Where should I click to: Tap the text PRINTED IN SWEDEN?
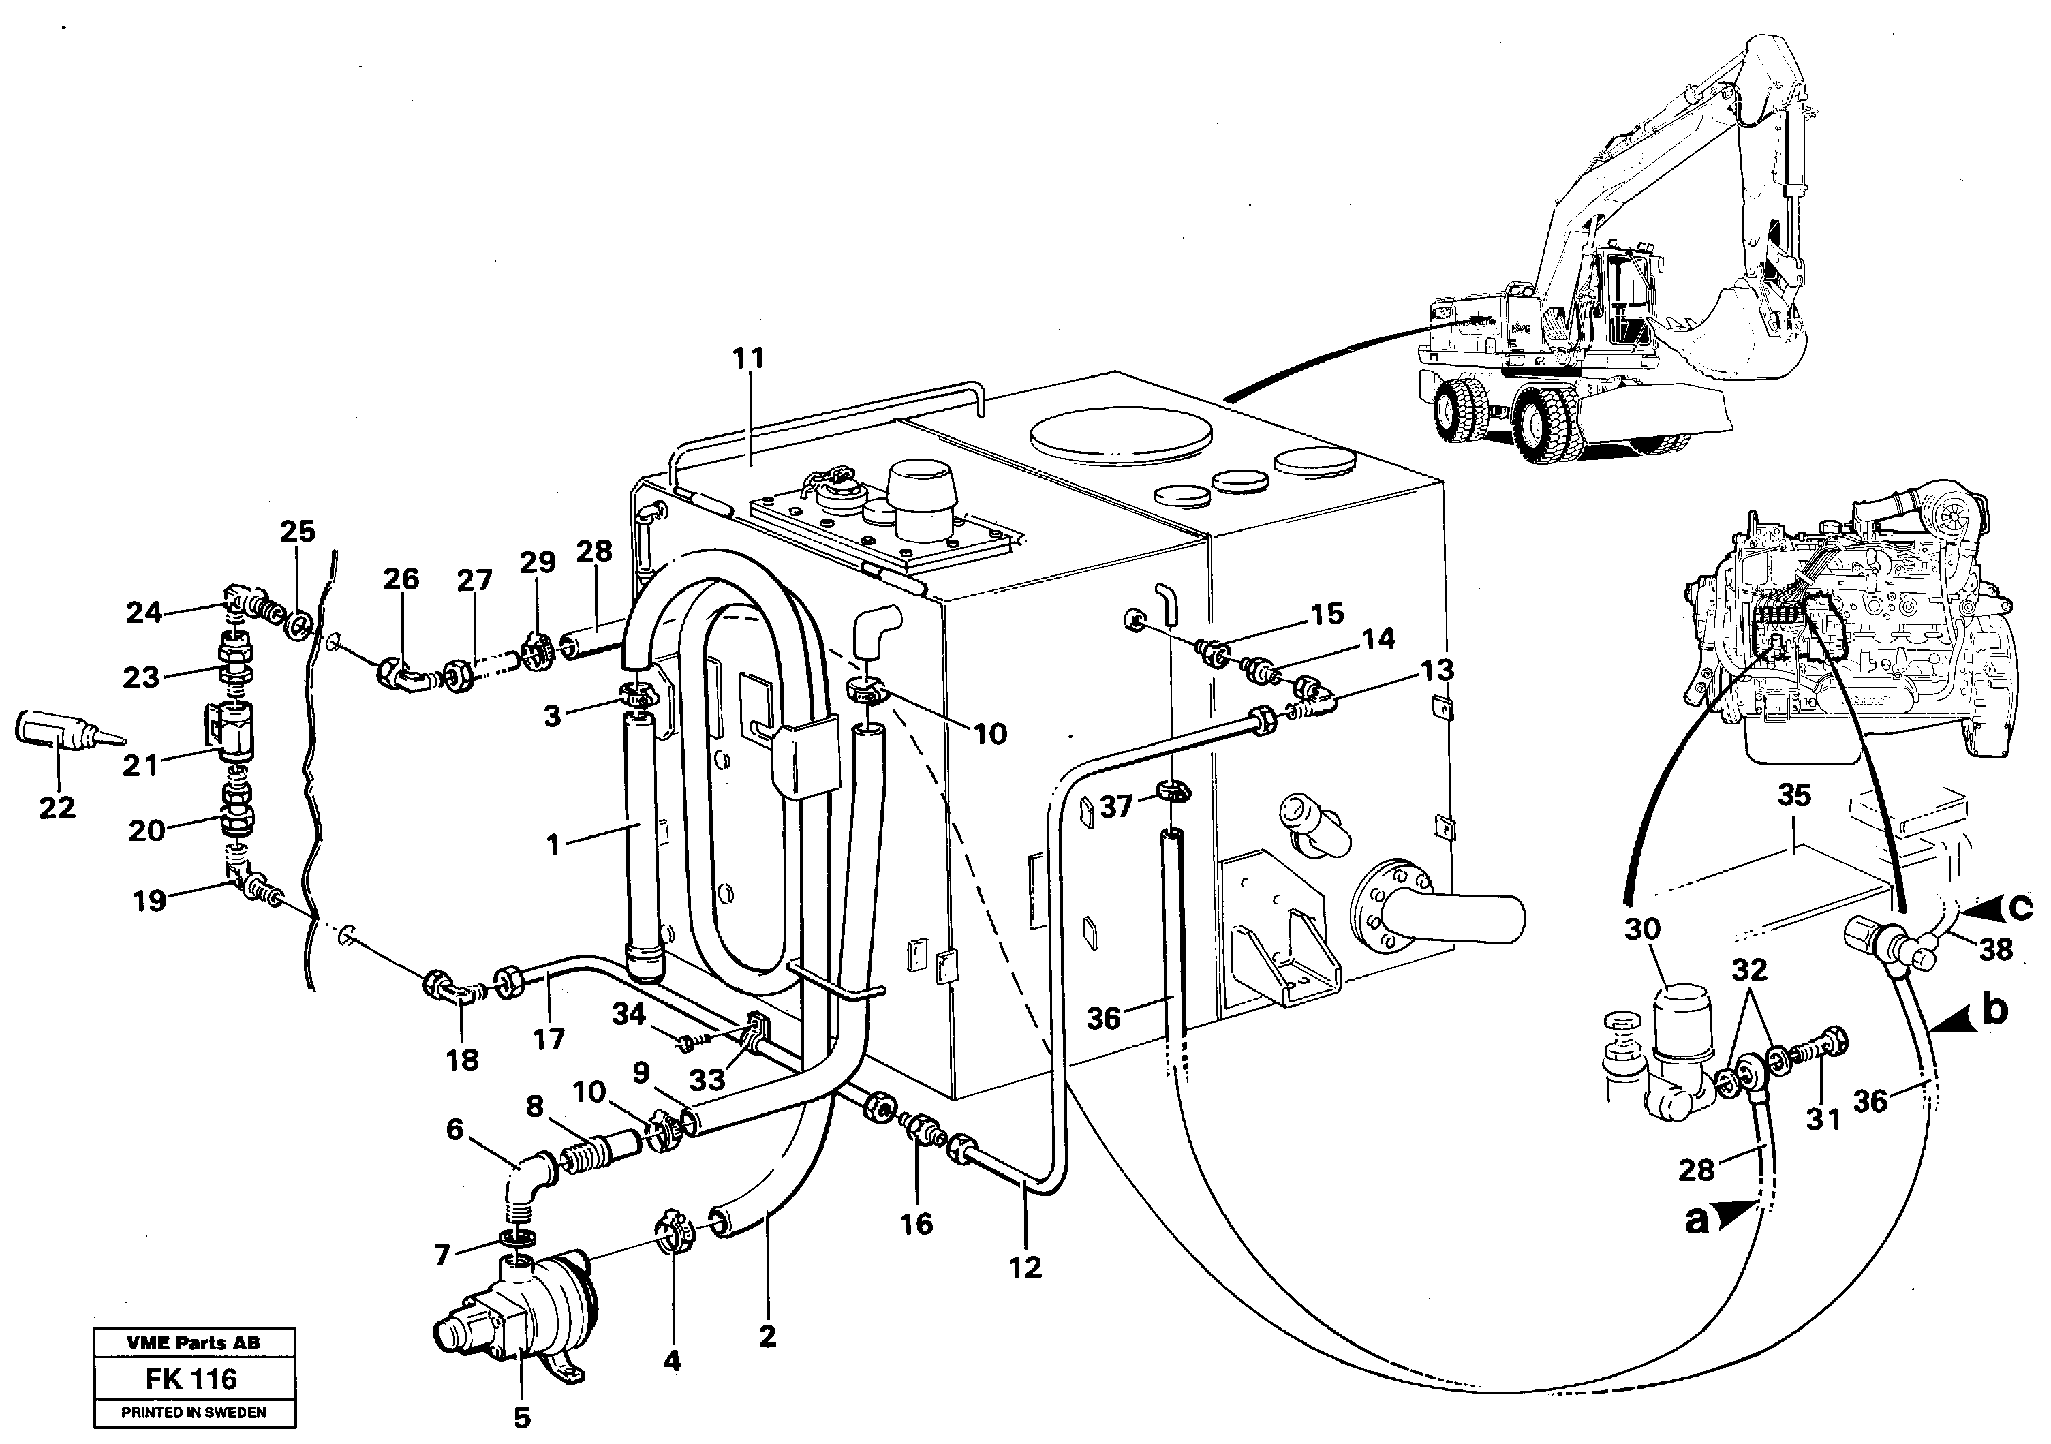coord(194,1413)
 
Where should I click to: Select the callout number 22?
coord(57,808)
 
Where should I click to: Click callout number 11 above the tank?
coord(749,358)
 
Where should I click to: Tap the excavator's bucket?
coord(1697,344)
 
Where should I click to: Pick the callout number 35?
coord(1793,795)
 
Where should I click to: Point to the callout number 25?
coord(298,532)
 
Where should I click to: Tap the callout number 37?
coord(1115,807)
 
